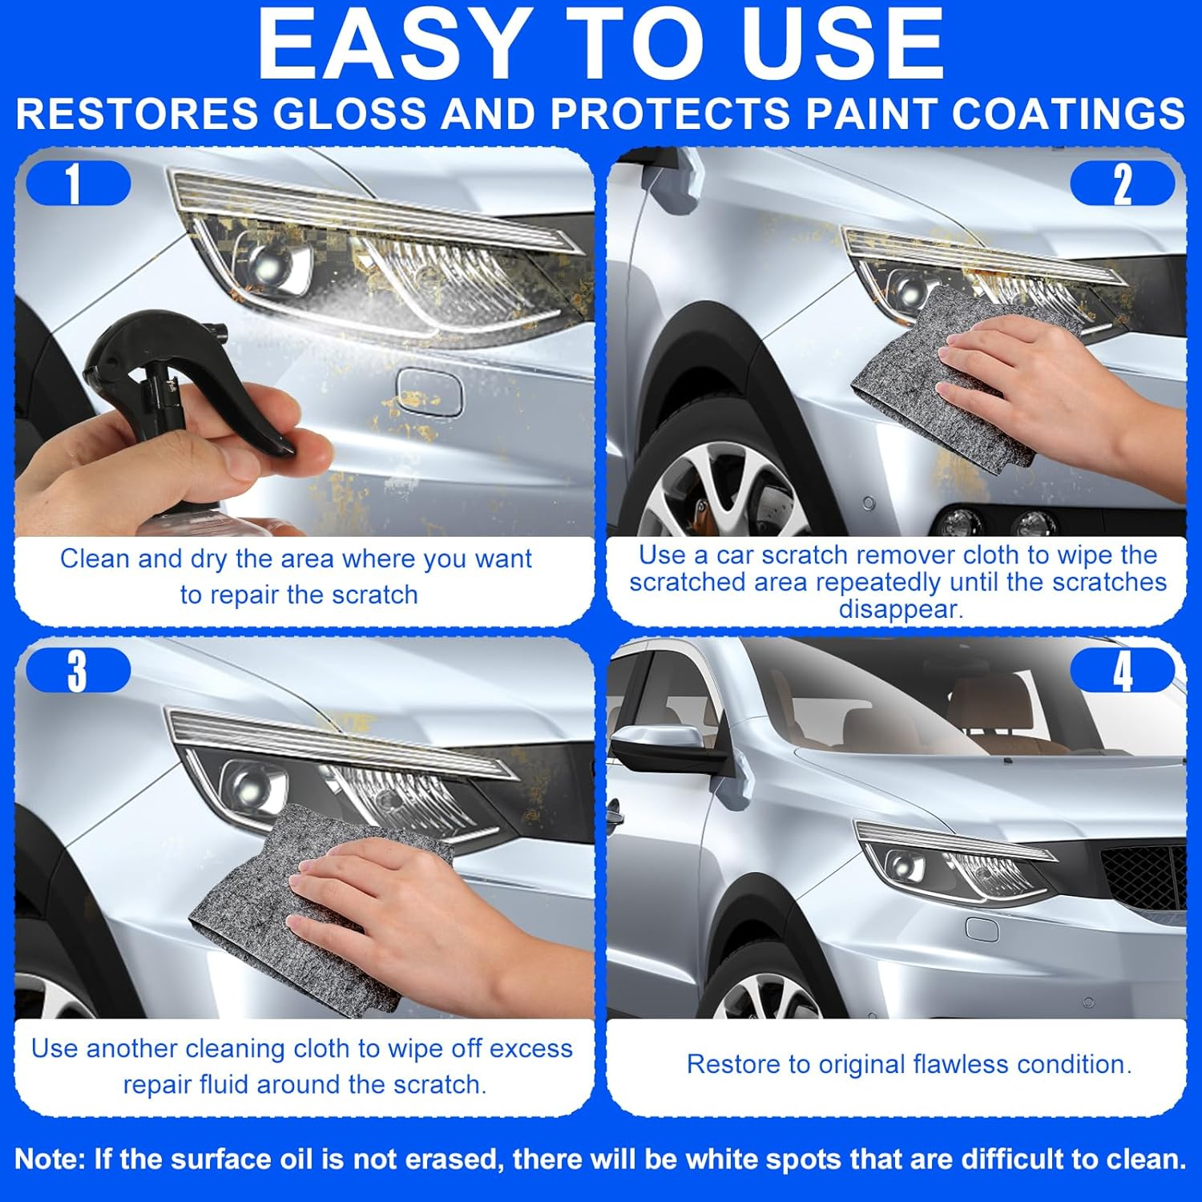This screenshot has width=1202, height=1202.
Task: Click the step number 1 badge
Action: (x=78, y=184)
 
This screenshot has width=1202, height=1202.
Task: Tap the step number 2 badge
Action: (x=1122, y=184)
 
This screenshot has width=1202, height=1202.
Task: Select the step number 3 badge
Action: (x=78, y=671)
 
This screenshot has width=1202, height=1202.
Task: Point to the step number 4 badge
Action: (x=1122, y=671)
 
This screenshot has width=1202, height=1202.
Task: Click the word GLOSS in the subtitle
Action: (x=349, y=114)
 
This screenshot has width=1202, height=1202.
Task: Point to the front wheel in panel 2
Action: (x=721, y=489)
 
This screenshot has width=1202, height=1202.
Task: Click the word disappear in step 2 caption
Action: (x=900, y=609)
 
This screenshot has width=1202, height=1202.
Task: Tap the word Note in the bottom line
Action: (x=50, y=1159)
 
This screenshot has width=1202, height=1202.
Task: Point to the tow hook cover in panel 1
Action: (x=430, y=392)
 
